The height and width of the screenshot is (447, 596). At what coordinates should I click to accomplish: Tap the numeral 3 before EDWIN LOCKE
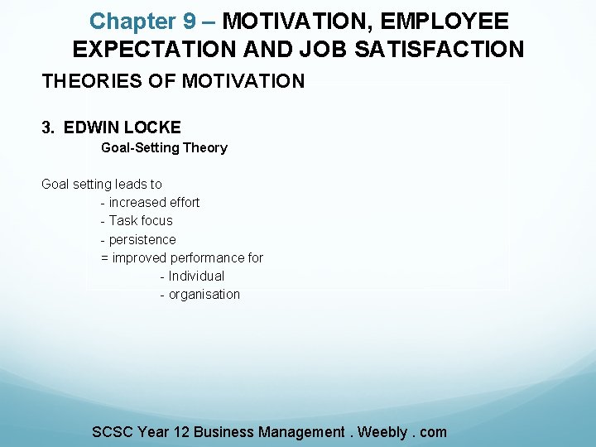click(x=46, y=127)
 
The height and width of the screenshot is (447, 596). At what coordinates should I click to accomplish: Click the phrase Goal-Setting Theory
click(x=164, y=147)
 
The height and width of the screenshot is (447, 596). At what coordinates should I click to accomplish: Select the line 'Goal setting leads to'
click(x=102, y=184)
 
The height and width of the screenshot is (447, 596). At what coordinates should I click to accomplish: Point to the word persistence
click(x=142, y=239)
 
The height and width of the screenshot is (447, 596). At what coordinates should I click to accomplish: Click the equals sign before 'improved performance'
click(x=104, y=257)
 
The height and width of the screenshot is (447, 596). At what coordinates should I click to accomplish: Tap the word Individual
click(x=196, y=276)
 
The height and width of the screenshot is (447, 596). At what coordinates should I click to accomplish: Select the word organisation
click(x=204, y=294)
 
